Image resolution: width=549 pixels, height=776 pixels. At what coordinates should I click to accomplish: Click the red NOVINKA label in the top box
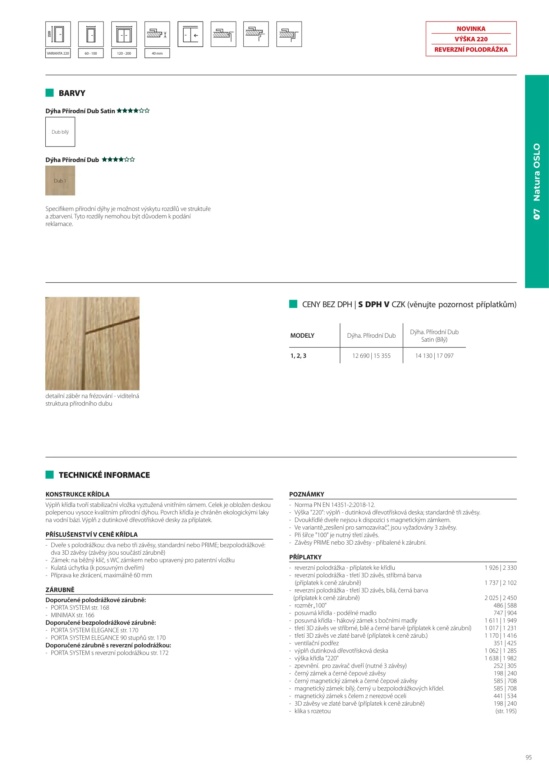(x=471, y=29)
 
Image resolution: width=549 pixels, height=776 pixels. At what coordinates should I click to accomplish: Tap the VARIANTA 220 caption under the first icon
(x=58, y=53)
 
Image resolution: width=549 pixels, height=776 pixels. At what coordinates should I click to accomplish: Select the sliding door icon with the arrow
(x=190, y=34)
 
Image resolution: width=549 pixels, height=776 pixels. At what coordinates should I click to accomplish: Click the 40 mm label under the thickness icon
(x=157, y=53)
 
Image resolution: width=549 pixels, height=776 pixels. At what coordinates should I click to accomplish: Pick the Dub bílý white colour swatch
(x=60, y=132)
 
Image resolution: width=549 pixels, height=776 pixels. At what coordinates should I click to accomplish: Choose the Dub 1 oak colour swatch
(x=60, y=181)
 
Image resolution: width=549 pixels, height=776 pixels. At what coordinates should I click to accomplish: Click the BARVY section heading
(x=72, y=93)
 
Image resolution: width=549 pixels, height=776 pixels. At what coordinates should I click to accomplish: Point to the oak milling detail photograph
(x=92, y=343)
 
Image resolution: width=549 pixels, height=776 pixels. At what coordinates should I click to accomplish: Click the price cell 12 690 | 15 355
(x=371, y=356)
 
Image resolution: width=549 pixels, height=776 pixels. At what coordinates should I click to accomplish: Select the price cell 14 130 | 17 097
(x=434, y=356)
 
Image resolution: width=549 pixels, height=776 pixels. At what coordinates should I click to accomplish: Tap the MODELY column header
(x=302, y=336)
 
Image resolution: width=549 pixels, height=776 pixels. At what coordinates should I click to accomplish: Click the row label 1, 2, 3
(x=298, y=356)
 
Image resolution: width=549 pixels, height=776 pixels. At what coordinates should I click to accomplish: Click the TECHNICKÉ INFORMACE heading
(x=104, y=475)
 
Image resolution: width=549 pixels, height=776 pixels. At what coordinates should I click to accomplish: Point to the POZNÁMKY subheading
(x=307, y=494)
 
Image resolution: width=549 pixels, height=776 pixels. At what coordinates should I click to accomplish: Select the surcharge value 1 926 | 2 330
(x=500, y=568)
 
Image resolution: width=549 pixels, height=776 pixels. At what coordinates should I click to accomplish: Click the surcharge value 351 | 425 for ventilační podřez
(x=505, y=643)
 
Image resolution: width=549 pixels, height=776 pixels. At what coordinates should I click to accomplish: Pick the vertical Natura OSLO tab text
(x=536, y=181)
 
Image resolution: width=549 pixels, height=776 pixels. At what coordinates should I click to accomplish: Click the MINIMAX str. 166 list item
(x=72, y=615)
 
